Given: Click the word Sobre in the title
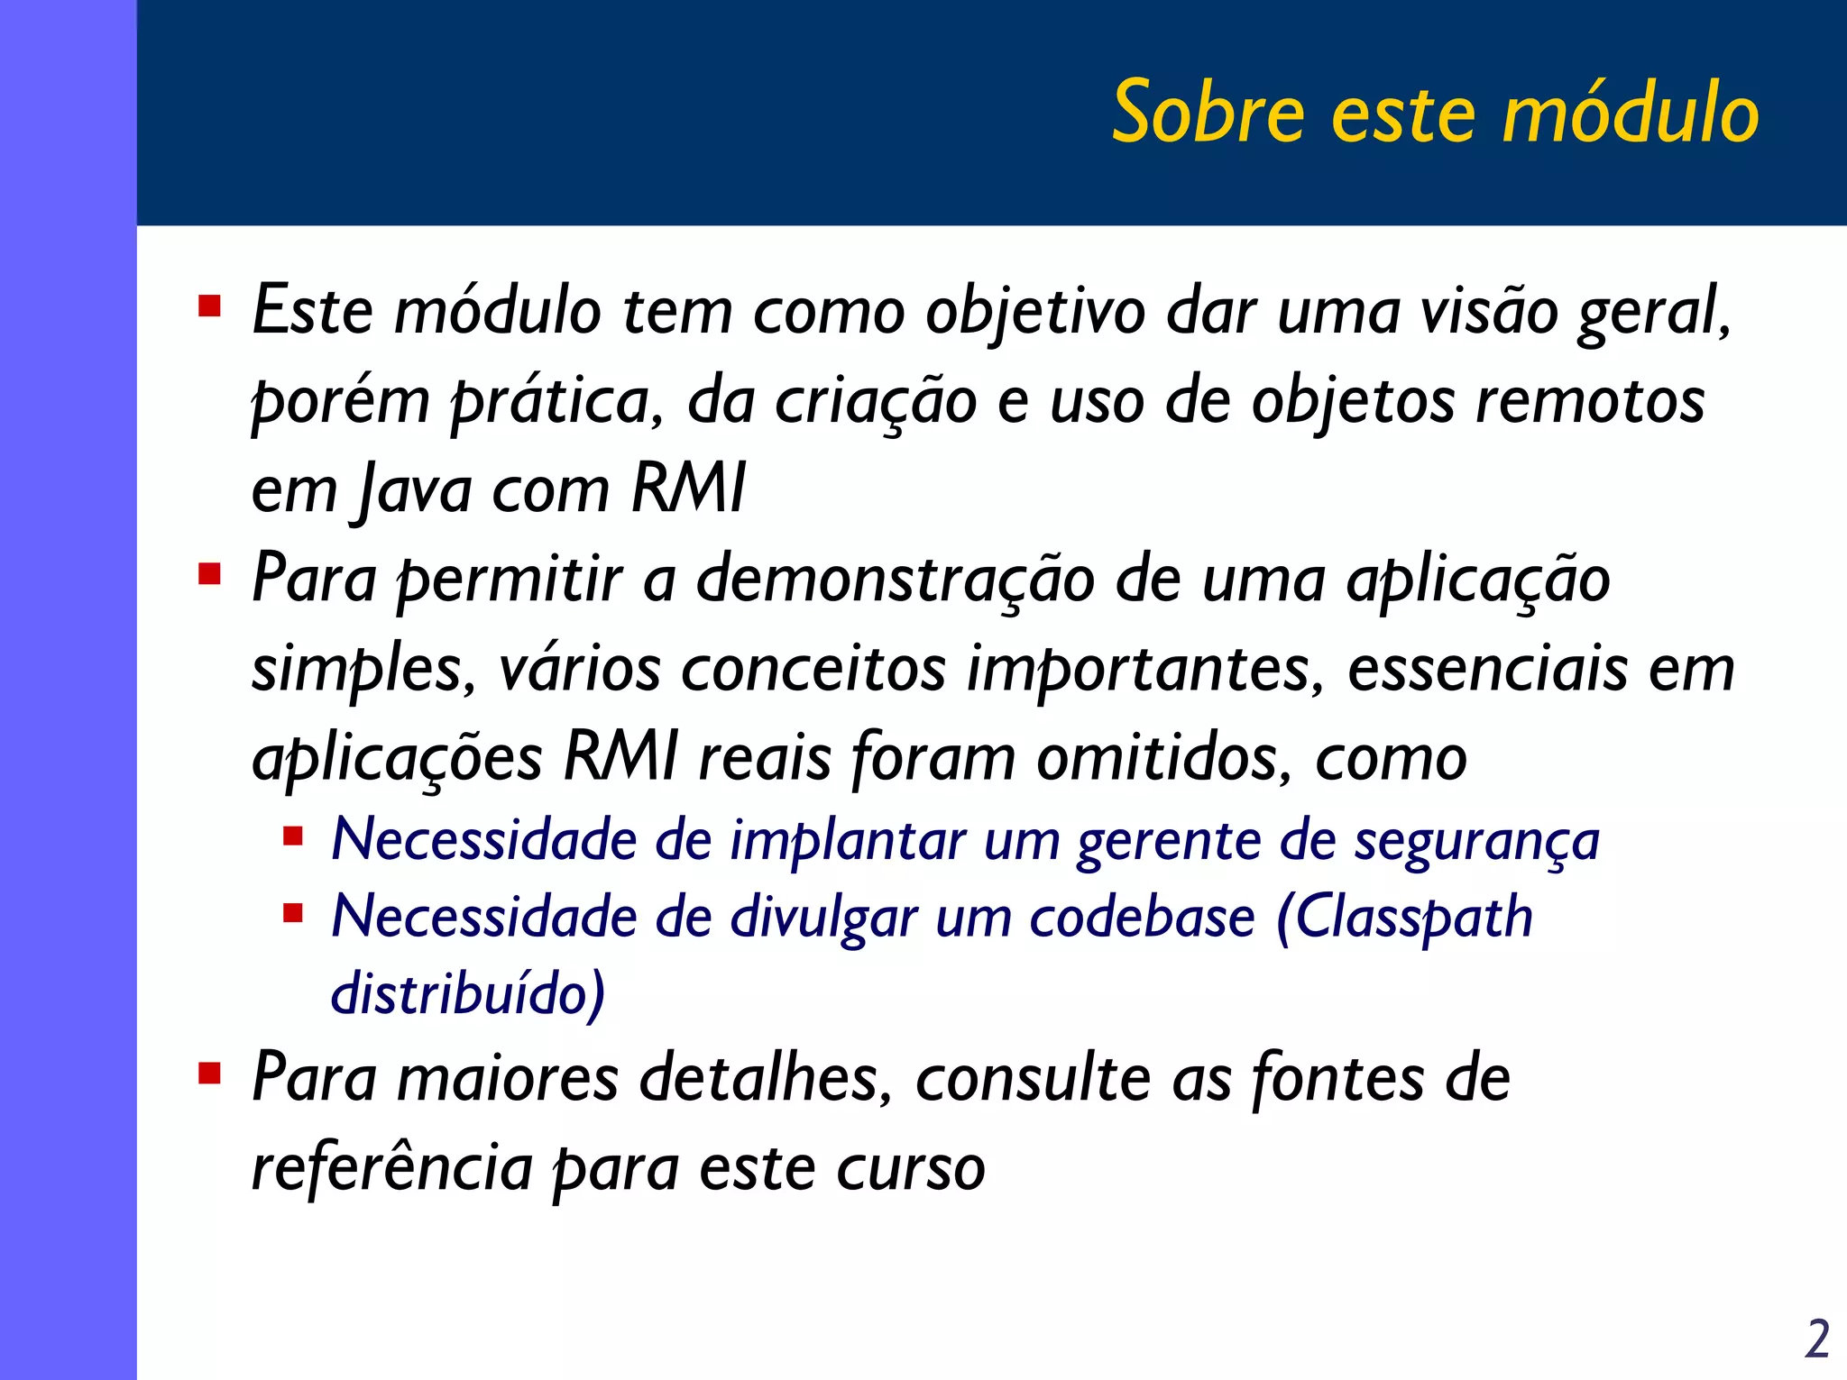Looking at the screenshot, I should [x=1208, y=113].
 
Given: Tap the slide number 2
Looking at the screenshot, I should [x=1817, y=1339].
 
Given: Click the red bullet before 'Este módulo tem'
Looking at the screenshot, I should [x=210, y=306].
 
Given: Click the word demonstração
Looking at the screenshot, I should [x=895, y=580].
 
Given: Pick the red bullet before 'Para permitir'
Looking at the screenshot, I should [x=210, y=573].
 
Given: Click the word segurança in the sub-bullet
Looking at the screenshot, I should [x=1476, y=842].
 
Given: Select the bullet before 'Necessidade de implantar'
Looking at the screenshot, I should [x=292, y=837].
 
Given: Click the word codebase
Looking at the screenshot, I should [x=1142, y=918].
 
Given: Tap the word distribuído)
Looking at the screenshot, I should [x=468, y=993].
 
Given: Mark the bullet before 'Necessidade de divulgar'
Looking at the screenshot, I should [x=292, y=914].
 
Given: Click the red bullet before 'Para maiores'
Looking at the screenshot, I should [x=210, y=1073].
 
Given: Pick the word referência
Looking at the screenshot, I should [x=391, y=1168].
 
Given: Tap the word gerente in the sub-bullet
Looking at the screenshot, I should [x=1168, y=842].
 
